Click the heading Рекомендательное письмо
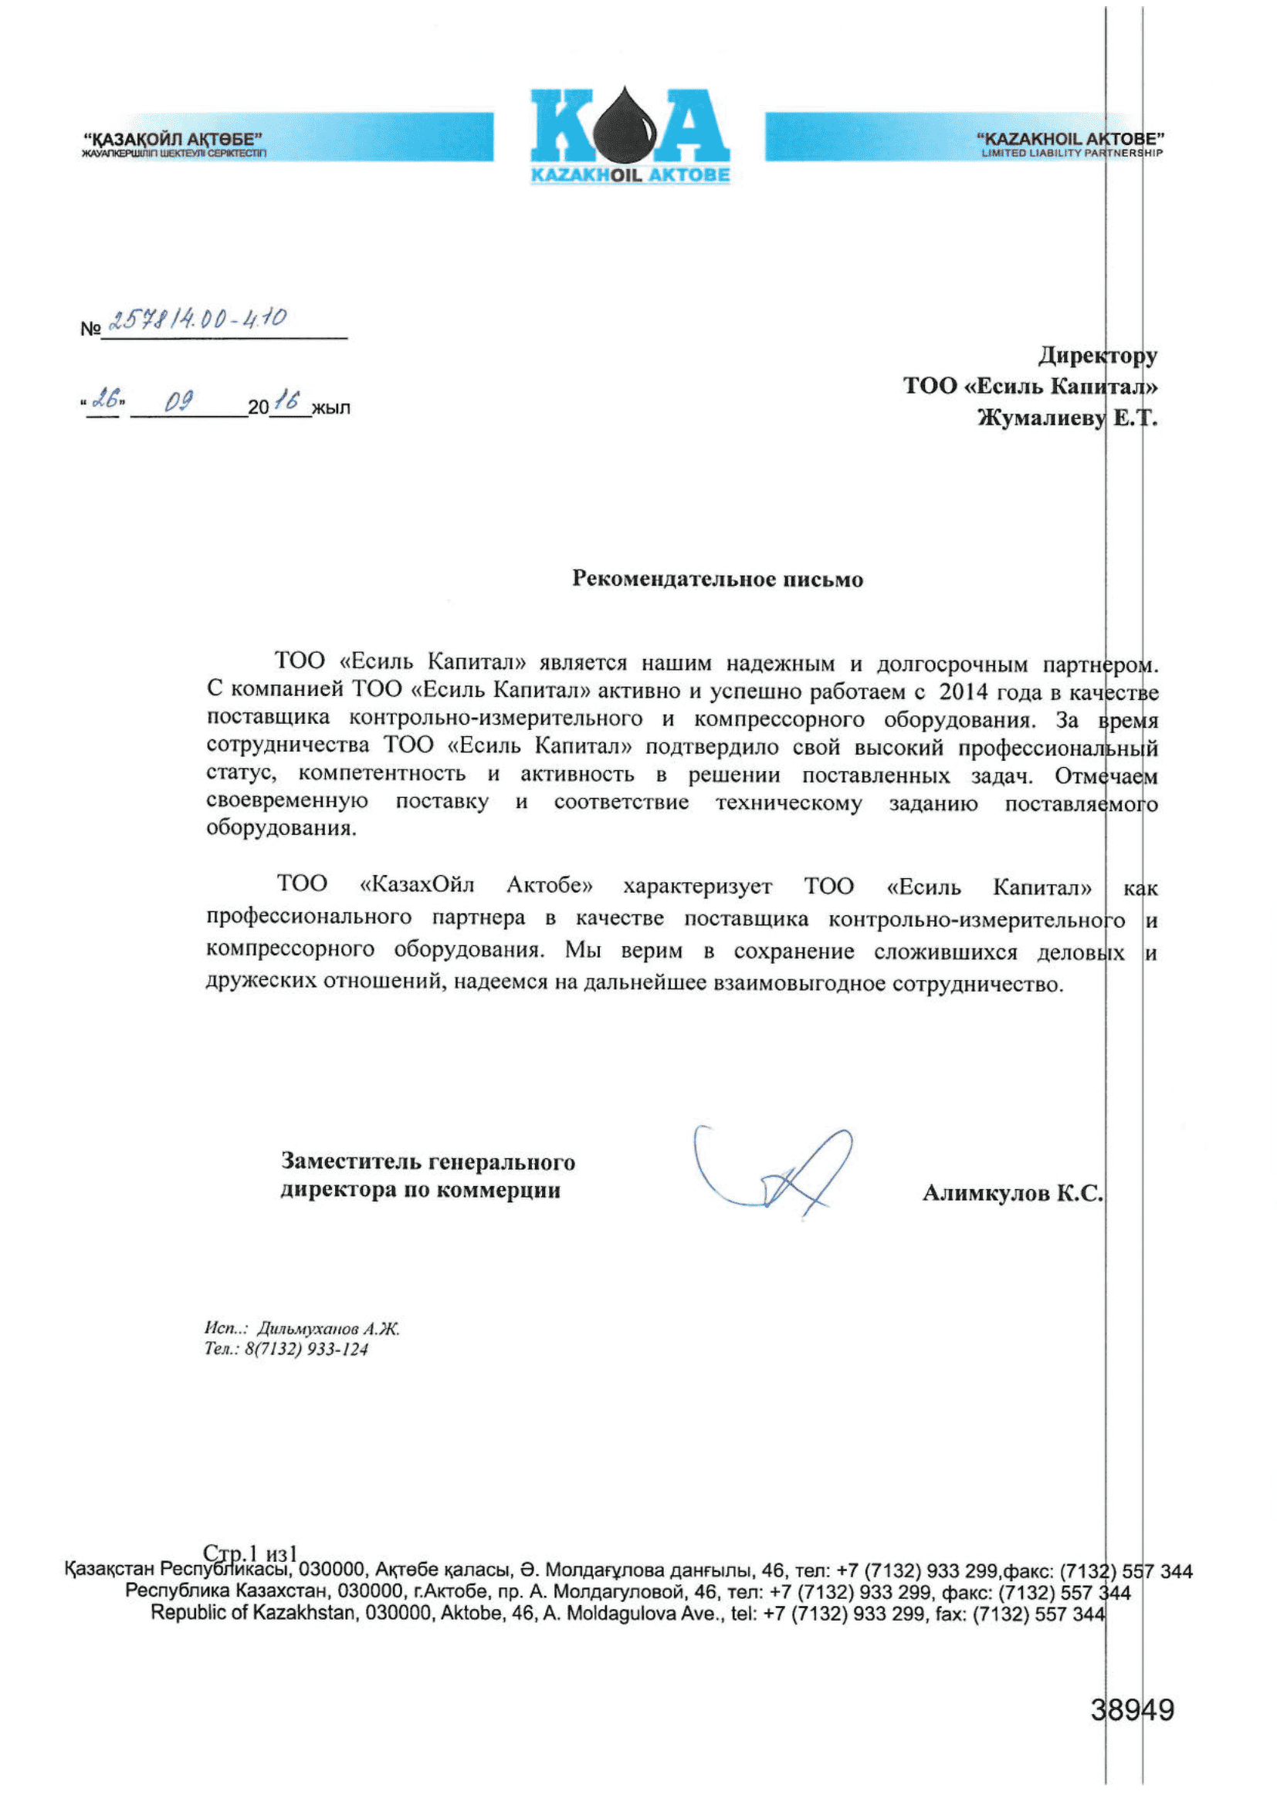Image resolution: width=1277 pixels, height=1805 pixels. tap(717, 580)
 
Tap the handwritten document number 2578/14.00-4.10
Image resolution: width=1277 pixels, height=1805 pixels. tap(197, 319)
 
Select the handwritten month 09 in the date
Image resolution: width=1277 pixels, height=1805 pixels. tap(178, 402)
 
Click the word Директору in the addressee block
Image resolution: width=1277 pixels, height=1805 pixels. tap(1097, 355)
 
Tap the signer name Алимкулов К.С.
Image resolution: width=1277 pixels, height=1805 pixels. tap(1012, 1193)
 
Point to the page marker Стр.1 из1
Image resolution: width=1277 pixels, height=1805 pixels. tap(250, 1553)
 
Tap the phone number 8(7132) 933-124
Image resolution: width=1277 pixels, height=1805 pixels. tap(307, 1349)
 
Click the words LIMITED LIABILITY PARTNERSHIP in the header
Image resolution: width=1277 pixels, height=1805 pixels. tap(1071, 153)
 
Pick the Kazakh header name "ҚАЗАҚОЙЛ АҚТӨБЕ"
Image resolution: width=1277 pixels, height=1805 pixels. tap(173, 139)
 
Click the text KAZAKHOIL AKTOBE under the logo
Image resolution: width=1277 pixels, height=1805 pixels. tap(630, 174)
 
